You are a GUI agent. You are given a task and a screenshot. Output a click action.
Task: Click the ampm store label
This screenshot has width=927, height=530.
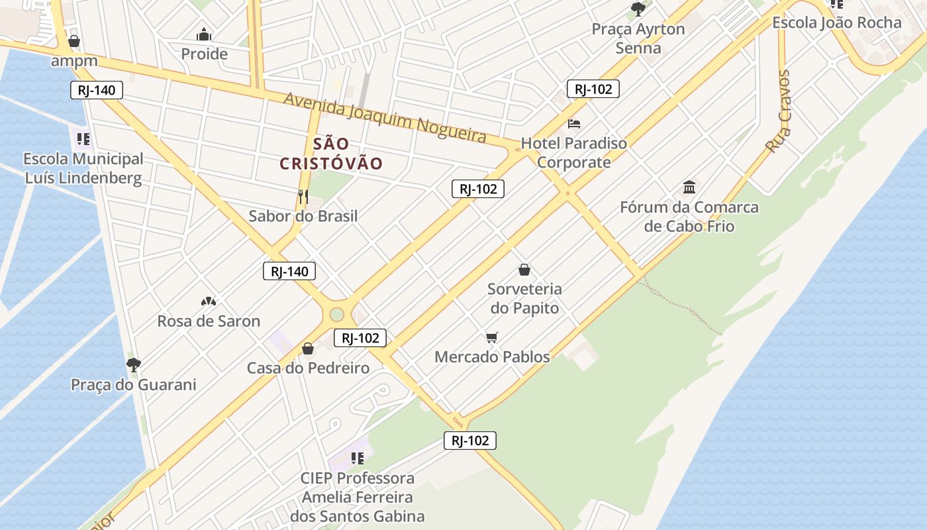75,62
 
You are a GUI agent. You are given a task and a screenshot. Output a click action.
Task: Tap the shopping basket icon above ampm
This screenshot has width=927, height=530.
74,41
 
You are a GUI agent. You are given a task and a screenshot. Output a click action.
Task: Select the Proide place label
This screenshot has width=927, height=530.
204,54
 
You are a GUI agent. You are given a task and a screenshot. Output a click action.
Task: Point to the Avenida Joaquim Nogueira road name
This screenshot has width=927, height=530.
385,117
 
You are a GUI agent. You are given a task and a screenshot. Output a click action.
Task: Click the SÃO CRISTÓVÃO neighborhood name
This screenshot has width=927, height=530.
331,154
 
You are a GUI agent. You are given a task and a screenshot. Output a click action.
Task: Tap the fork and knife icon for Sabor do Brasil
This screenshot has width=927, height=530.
303,196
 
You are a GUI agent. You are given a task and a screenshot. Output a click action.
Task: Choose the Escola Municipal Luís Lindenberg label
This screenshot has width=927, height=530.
83,168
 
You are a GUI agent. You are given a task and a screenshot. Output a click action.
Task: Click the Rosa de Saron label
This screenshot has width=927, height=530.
209,321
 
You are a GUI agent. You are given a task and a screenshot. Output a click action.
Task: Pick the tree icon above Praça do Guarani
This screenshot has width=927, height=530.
134,364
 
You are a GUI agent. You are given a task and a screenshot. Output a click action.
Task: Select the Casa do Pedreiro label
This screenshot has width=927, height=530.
308,368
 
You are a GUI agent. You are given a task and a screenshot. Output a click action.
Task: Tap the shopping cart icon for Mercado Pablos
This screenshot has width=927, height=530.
491,338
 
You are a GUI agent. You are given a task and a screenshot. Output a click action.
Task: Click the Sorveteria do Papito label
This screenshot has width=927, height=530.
524,298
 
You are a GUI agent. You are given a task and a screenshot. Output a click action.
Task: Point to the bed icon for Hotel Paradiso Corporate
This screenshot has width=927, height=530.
574,124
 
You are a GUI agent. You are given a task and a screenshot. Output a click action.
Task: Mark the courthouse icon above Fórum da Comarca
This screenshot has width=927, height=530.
689,187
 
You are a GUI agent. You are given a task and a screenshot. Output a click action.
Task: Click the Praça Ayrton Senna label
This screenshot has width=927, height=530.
638,38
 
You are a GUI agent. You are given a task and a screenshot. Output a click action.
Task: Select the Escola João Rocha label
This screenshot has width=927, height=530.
837,23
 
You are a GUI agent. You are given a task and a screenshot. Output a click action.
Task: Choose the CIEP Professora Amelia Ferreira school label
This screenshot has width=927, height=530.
358,497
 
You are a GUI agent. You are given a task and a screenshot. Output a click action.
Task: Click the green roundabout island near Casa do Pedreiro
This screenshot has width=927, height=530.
337,314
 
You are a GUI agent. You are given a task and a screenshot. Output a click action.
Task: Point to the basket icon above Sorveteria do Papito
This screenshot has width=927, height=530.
524,270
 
